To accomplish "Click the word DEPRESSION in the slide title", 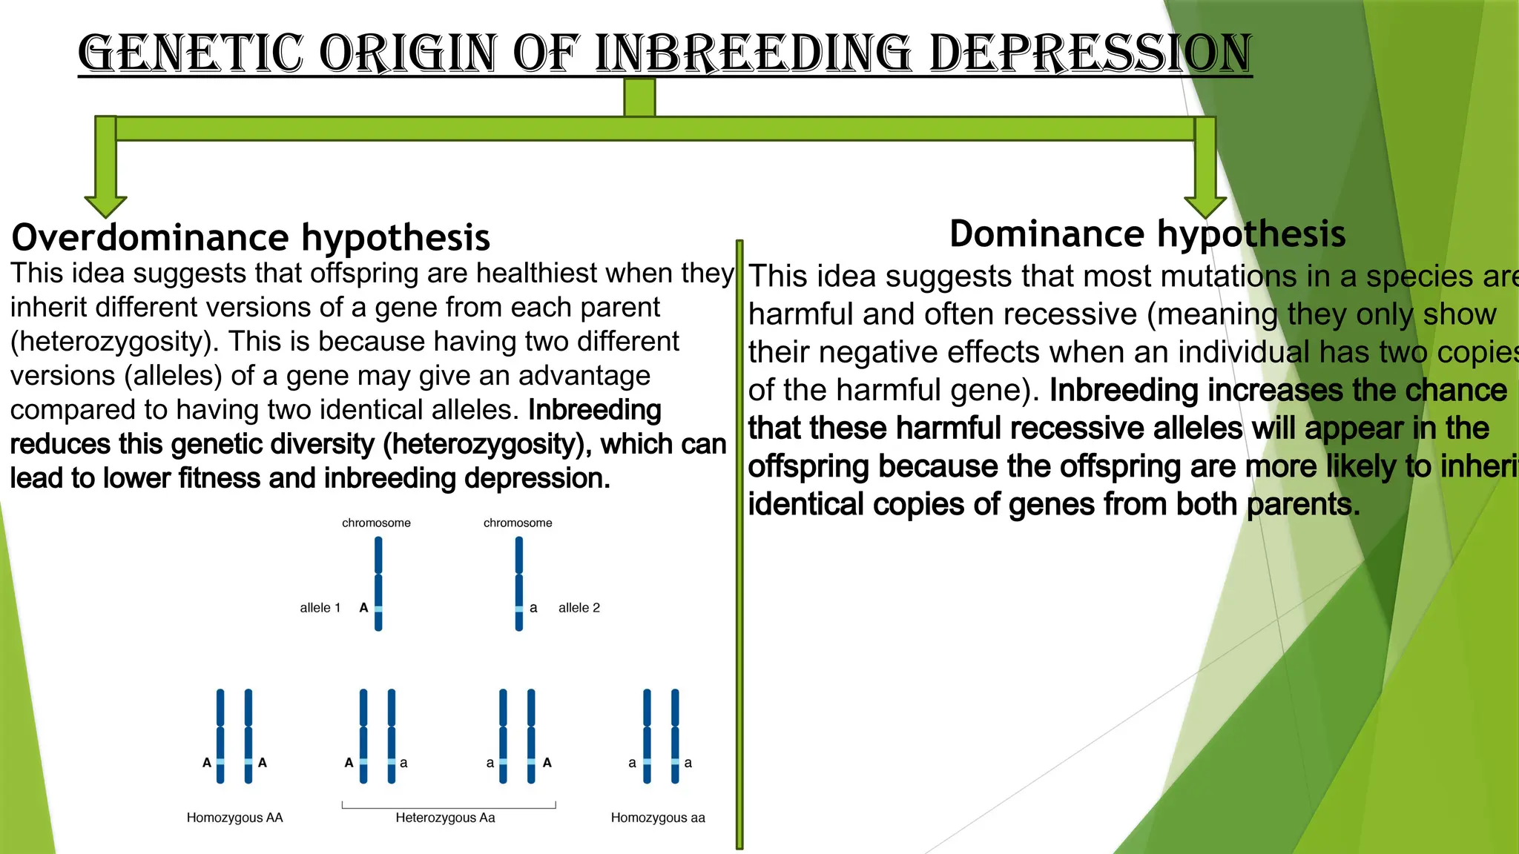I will click(1090, 53).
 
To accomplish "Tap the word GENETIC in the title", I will click(190, 53).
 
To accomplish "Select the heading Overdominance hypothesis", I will click(251, 237).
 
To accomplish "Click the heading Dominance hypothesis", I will click(1147, 234).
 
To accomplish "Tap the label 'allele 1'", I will click(320, 608).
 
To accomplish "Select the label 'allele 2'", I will click(579, 608).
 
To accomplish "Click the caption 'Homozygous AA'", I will click(234, 818).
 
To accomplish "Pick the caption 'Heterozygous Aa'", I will click(445, 818).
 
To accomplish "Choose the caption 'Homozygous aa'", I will click(658, 818).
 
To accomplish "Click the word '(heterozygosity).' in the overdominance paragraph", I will click(115, 342).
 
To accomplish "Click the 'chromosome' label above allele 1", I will click(376, 523).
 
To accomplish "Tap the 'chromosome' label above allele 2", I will click(518, 523).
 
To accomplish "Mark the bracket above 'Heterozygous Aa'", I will click(449, 807).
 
